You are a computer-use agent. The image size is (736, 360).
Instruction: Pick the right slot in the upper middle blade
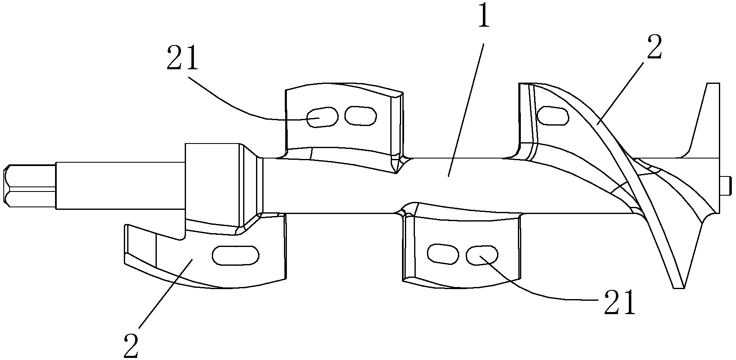click(x=361, y=115)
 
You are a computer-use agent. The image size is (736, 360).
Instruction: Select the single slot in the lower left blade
click(x=236, y=255)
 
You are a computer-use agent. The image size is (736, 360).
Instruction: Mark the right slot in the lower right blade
click(x=482, y=254)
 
